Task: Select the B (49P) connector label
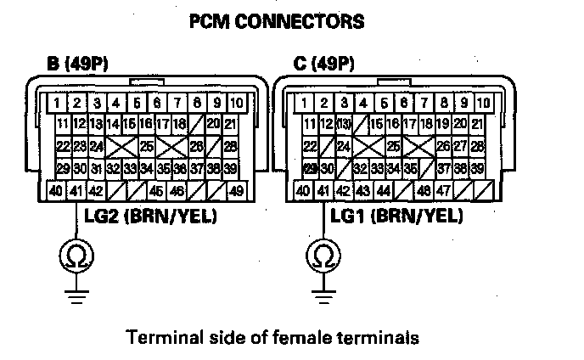click(78, 65)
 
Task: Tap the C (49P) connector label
click(320, 65)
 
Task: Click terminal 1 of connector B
click(55, 104)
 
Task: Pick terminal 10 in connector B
click(237, 104)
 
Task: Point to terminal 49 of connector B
click(237, 191)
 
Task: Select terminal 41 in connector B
click(76, 191)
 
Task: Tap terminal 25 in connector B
click(147, 146)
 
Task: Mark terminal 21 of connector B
click(230, 124)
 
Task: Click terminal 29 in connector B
click(62, 168)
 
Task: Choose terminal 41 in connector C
click(323, 191)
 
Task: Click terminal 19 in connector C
click(442, 124)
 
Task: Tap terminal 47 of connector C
click(442, 191)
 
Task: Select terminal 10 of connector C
click(483, 104)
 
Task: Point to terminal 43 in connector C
click(362, 191)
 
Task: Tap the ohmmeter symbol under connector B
click(70, 255)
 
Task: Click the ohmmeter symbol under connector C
click(321, 255)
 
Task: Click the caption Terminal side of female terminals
click(272, 338)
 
